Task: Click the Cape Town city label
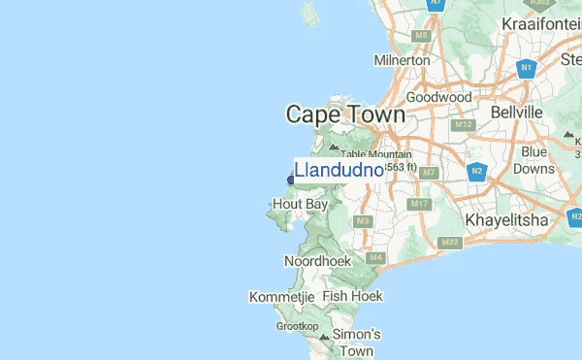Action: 345,115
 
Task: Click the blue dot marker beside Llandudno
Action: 290,179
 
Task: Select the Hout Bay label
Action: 300,205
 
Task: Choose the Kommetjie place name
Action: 282,296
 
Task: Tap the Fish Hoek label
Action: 353,296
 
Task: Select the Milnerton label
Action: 402,60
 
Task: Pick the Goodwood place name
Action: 439,97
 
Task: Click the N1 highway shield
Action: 527,68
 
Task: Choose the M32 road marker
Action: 449,242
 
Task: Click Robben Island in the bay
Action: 310,15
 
